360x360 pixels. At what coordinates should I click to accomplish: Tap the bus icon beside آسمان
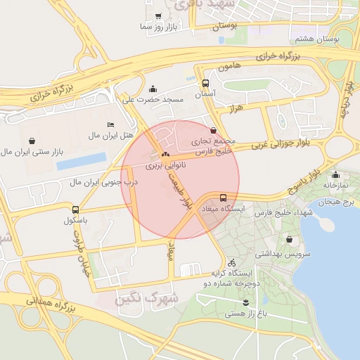coord(205,82)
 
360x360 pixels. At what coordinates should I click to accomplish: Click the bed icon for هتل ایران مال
coord(110,124)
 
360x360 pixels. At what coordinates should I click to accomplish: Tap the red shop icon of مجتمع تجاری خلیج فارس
coord(214,130)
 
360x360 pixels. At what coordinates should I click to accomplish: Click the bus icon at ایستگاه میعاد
coord(223,198)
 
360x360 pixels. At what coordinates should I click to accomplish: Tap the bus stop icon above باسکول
coord(75,209)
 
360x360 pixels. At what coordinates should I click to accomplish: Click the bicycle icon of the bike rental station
coord(231,262)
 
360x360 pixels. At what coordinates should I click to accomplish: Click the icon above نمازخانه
coord(335,175)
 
